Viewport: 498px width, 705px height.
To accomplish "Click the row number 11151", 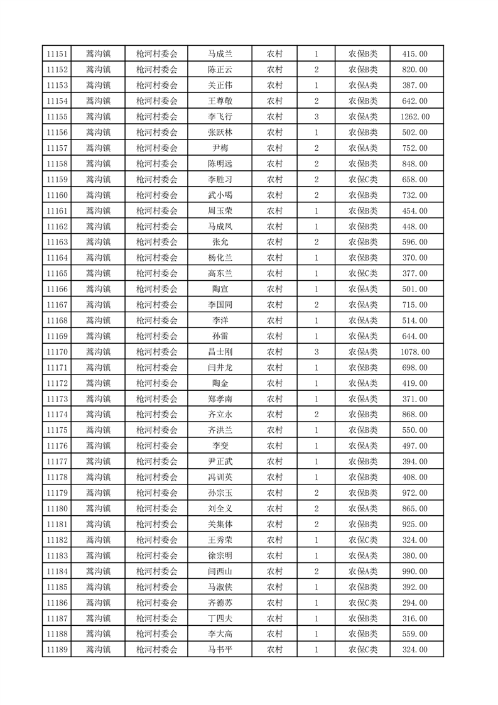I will pyautogui.click(x=57, y=54).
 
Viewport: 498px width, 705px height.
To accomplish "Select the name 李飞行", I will pyautogui.click(x=220, y=117).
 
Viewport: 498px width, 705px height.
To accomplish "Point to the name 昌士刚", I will pyautogui.click(x=220, y=352).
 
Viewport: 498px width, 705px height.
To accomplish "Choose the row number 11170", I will pyautogui.click(x=57, y=352).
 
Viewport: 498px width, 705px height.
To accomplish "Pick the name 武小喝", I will pyautogui.click(x=220, y=195).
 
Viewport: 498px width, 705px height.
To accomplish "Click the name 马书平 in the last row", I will pyautogui.click(x=220, y=650).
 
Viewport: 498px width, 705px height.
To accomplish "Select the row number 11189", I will pyautogui.click(x=57, y=650).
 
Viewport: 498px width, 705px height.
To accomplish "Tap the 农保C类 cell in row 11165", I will pyautogui.click(x=363, y=273).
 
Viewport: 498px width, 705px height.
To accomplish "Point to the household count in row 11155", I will pyautogui.click(x=316, y=117).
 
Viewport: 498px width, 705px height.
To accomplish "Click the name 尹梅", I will pyautogui.click(x=220, y=148).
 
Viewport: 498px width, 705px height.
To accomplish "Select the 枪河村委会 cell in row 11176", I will pyautogui.click(x=156, y=445).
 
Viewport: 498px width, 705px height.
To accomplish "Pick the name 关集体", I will pyautogui.click(x=220, y=524).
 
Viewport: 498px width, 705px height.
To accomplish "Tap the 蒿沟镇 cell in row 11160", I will pyautogui.click(x=98, y=195).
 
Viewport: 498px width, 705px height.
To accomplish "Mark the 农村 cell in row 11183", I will pyautogui.click(x=274, y=555).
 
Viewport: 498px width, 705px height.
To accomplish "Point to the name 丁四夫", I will pyautogui.click(x=220, y=618).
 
